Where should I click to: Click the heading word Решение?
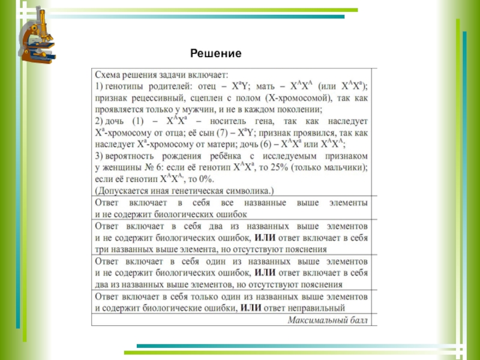coord(215,54)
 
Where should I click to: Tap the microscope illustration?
coord(36,36)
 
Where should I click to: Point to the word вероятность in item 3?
coord(131,156)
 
